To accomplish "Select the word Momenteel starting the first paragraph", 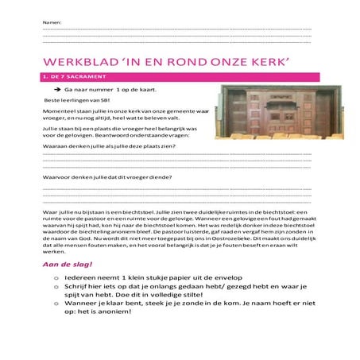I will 59,112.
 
